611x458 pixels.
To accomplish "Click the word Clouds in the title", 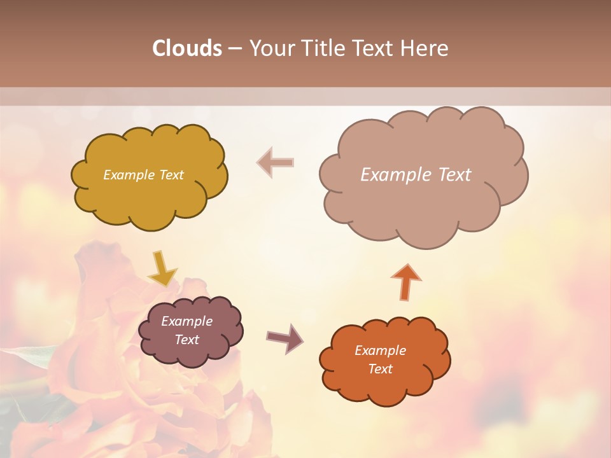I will coord(187,48).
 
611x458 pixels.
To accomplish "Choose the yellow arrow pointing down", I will coord(162,268).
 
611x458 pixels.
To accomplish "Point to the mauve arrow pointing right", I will coord(285,338).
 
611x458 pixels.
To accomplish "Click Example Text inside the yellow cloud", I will coord(143,175).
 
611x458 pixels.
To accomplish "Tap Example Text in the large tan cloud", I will coord(416,175).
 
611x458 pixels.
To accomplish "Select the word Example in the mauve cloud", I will coord(186,321).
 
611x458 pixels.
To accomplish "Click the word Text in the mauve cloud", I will coord(186,340).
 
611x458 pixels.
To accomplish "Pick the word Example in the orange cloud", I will coord(380,350).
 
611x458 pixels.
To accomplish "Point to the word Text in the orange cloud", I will coord(380,369).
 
